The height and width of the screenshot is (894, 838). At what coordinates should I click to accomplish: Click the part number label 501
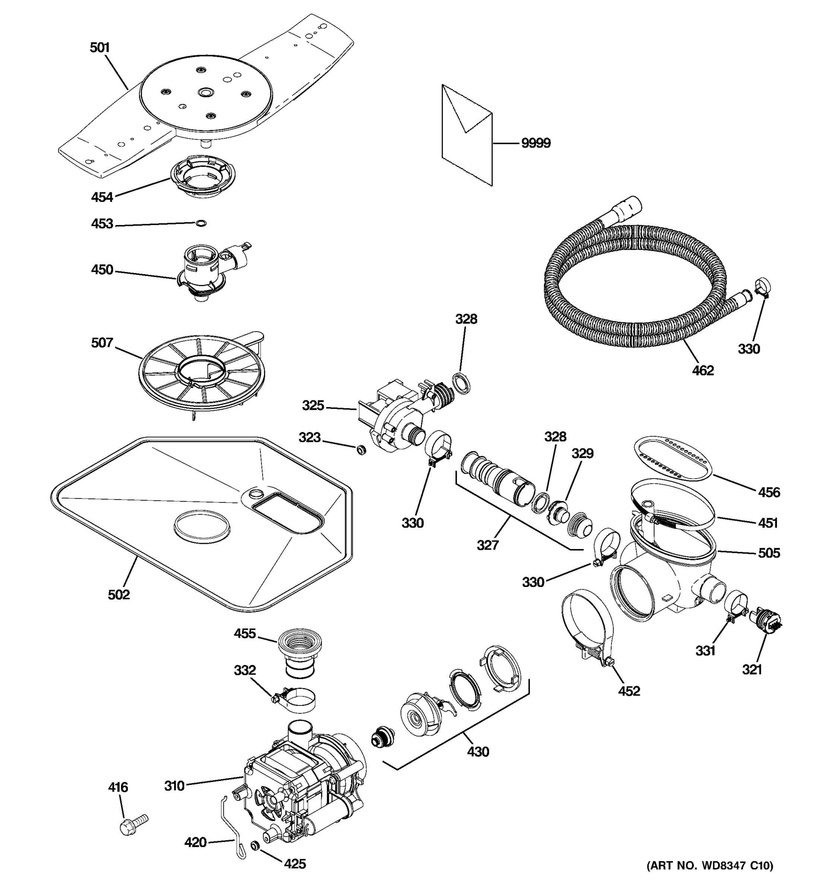pos(99,48)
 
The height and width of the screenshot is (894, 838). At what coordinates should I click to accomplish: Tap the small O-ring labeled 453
pos(202,223)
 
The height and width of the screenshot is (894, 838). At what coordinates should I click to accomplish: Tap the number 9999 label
pos(536,143)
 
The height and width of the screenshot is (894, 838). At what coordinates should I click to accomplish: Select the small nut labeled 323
pos(361,449)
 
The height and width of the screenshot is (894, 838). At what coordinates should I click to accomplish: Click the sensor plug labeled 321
pos(766,621)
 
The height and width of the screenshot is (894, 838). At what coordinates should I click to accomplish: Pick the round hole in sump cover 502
pos(202,526)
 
